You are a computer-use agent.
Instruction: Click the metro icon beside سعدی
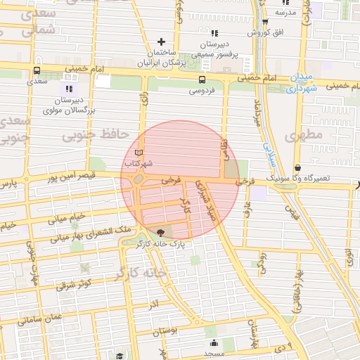tap(37, 70)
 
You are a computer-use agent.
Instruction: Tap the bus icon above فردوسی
tap(202, 79)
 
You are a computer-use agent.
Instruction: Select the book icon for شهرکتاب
tap(139, 153)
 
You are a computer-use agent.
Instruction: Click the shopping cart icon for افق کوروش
tap(250, 32)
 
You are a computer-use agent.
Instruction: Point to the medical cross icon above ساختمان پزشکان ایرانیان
tap(162, 41)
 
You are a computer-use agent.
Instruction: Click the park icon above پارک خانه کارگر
tap(160, 233)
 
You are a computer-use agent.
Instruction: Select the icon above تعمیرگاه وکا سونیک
tap(298, 169)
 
